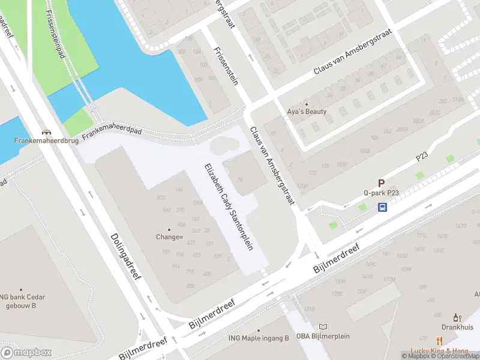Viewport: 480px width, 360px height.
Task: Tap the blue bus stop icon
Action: pyautogui.click(x=382, y=207)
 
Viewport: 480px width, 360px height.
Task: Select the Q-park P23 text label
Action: pyautogui.click(x=380, y=193)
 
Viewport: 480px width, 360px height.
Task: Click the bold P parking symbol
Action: pyautogui.click(x=380, y=183)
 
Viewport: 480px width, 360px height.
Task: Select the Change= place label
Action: pyautogui.click(x=169, y=237)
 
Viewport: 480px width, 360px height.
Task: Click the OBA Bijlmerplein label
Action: pyautogui.click(x=324, y=337)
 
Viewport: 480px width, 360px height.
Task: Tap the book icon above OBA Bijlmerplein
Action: pyautogui.click(x=324, y=327)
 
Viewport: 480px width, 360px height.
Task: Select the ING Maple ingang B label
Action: pyautogui.click(x=259, y=338)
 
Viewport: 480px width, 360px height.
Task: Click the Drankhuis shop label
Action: pyautogui.click(x=457, y=327)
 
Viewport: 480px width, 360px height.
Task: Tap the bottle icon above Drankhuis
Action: pyautogui.click(x=457, y=317)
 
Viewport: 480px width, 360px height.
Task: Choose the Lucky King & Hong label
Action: pyautogui.click(x=439, y=350)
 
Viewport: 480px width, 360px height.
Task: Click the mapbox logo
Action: pyautogui.click(x=25, y=352)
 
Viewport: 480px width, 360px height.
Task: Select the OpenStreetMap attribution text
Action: pyautogui.click(x=455, y=356)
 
